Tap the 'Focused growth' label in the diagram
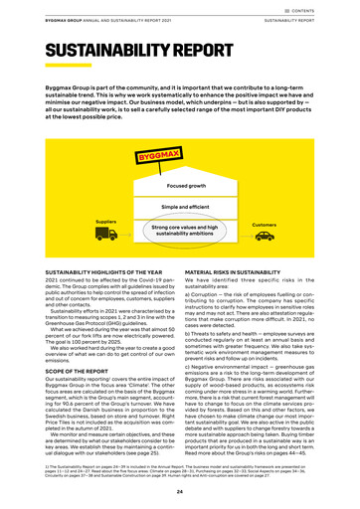coord(180,186)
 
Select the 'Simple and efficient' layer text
coord(180,207)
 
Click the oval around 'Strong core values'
coord(180,230)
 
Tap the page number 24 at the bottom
coord(179,489)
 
